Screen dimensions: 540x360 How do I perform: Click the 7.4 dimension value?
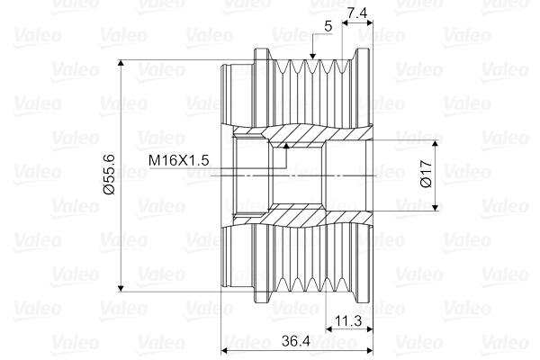[x=357, y=13]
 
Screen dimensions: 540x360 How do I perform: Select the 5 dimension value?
[x=328, y=26]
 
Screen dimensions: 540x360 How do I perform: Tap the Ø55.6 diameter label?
[x=109, y=175]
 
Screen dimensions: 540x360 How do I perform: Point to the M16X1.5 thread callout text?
[x=179, y=160]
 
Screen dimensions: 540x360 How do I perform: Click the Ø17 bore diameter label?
[x=426, y=174]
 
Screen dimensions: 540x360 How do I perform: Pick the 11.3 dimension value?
[x=348, y=321]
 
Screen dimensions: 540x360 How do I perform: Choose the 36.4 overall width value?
[x=296, y=341]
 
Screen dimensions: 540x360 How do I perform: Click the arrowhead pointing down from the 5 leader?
[x=312, y=57]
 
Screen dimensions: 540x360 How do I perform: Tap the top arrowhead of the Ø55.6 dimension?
[x=121, y=63]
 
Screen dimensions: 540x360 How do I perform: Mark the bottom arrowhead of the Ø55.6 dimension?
[x=121, y=288]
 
